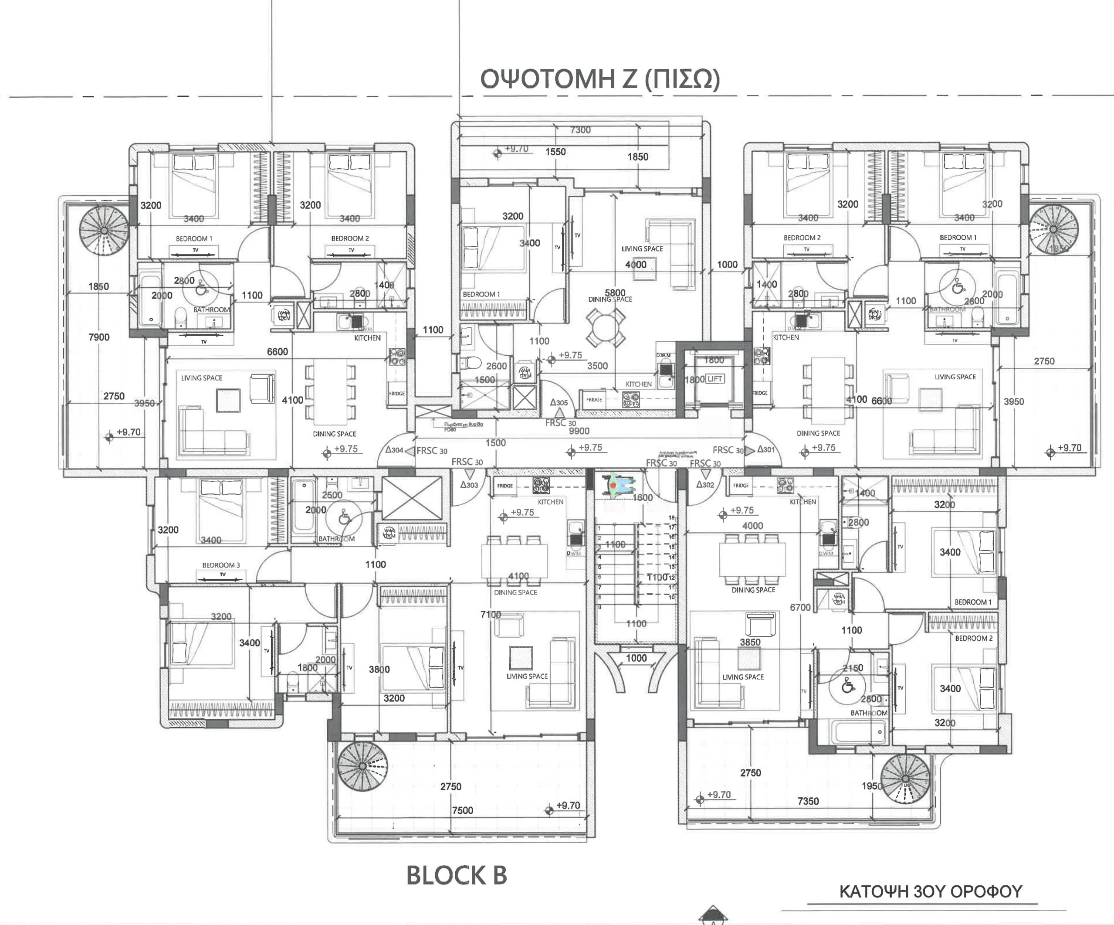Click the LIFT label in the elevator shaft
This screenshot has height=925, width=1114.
[714, 379]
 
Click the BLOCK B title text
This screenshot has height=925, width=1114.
[456, 876]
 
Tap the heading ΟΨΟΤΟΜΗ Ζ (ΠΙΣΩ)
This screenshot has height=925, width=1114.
[600, 80]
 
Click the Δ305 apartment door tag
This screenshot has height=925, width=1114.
[559, 403]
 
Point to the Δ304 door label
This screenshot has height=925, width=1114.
[394, 449]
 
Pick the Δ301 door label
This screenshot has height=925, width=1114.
[766, 449]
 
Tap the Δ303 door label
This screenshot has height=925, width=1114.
[469, 485]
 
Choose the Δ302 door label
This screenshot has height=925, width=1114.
[705, 485]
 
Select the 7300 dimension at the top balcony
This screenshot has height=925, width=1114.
[580, 130]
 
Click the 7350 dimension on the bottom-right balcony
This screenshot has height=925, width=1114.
[808, 801]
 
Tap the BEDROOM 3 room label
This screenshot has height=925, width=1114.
[221, 565]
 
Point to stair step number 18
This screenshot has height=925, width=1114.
[672, 517]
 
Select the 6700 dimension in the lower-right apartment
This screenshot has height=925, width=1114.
[800, 607]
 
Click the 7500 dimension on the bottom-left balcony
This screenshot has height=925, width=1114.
[462, 810]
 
